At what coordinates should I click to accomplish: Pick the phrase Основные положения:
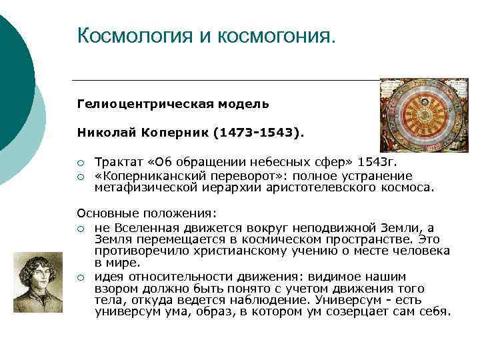[147, 214]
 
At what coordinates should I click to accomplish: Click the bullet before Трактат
[80, 163]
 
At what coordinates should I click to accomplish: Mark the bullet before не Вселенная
[80, 228]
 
